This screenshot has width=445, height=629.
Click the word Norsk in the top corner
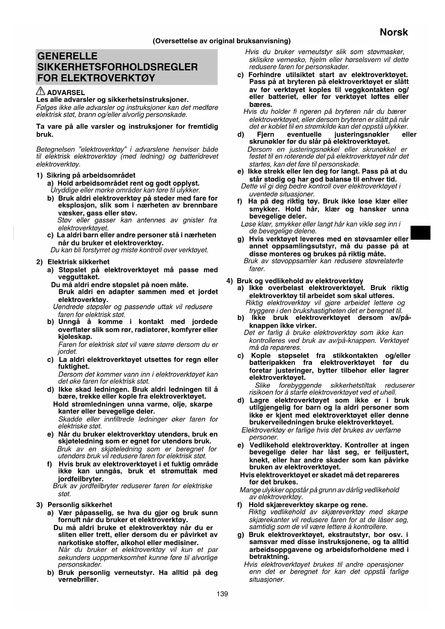(x=394, y=32)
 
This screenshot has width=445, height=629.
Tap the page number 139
(x=222, y=594)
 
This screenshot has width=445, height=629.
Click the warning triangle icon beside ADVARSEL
(x=41, y=91)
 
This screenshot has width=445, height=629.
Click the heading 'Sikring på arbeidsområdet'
(x=91, y=175)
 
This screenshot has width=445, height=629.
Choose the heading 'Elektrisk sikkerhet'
(x=78, y=262)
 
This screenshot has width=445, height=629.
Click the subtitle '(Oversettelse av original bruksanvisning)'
(x=222, y=41)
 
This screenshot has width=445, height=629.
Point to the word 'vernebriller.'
(x=78, y=580)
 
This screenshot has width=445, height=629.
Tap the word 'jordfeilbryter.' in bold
(x=81, y=479)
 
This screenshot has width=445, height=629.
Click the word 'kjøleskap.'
(x=75, y=337)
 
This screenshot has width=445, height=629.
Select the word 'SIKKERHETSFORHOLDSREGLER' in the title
(x=118, y=67)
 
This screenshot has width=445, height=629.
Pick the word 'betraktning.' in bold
(x=269, y=557)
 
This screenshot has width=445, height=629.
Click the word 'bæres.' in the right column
(x=261, y=104)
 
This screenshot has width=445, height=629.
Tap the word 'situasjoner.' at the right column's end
(x=266, y=580)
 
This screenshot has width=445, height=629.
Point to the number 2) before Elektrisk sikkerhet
(x=39, y=262)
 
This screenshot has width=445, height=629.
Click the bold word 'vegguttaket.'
(x=79, y=277)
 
